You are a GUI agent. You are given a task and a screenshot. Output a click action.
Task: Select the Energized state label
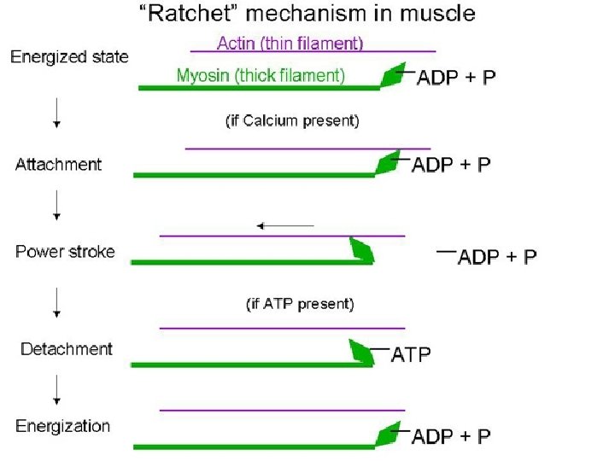[69, 57]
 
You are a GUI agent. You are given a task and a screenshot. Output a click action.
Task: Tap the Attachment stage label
[58, 164]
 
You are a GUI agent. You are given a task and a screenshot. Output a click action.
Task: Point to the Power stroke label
[65, 252]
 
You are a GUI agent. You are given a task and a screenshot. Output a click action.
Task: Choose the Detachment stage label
[66, 348]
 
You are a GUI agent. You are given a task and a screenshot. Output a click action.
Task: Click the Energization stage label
[62, 426]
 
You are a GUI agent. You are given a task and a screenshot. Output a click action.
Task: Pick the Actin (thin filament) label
[290, 42]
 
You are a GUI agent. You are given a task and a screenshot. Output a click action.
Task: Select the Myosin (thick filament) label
[261, 75]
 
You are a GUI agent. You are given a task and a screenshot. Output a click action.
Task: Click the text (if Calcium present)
[292, 120]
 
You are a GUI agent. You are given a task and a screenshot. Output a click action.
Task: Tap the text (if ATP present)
[300, 303]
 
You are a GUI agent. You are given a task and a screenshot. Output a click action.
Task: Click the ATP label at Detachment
[411, 353]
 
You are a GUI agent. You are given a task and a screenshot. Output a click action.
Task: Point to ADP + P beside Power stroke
[497, 257]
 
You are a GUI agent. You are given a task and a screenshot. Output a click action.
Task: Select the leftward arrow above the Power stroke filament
[285, 225]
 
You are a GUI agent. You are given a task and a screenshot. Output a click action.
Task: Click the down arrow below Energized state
[56, 112]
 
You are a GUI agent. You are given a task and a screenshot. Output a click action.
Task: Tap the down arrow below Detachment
[56, 389]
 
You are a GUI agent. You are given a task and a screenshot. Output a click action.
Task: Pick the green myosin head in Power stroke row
[361, 250]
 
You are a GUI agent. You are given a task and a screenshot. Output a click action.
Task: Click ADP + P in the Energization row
[451, 436]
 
